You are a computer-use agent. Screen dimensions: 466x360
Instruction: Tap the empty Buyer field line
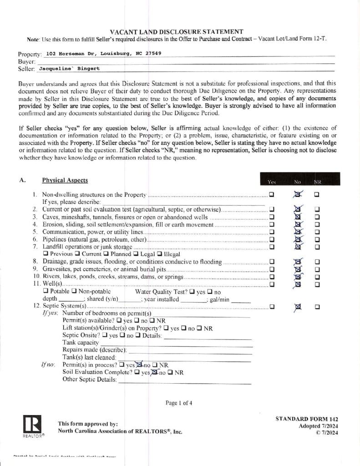coord(182,61)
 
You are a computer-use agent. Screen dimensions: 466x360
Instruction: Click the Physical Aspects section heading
coord(65,180)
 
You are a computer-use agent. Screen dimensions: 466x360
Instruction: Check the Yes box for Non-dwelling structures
coord(272,195)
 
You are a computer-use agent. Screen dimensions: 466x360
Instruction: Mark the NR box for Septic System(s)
coord(317,306)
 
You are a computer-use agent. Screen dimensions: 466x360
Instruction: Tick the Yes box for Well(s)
coord(272,284)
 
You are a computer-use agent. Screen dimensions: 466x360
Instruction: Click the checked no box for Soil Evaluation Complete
coord(155,372)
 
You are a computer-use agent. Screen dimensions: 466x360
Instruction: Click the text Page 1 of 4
coord(179,403)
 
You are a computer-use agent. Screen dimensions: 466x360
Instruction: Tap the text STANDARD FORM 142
coord(307,419)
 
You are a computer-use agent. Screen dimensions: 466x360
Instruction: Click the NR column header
coord(317,182)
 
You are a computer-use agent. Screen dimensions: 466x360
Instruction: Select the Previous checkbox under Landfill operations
coord(46,254)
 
